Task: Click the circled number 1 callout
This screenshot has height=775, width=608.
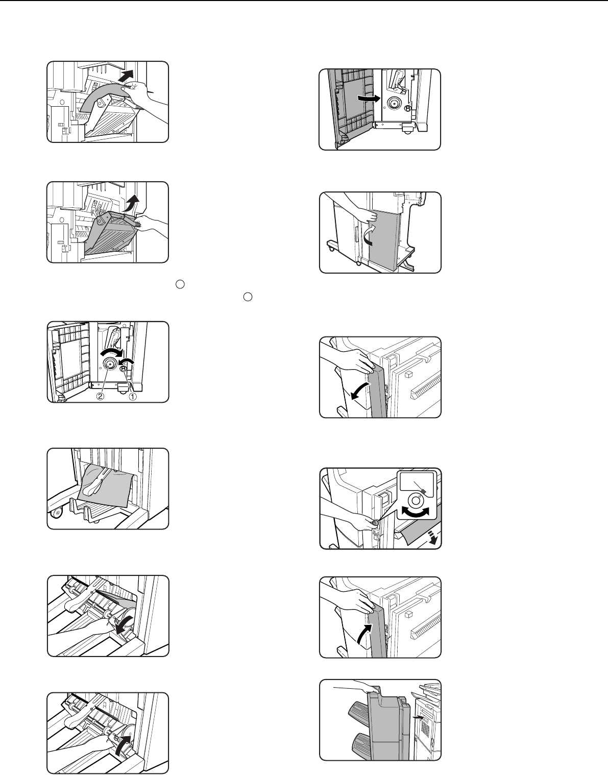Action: pos(132,396)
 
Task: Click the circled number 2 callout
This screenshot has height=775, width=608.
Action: pos(101,396)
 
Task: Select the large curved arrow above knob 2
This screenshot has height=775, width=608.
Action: pos(111,352)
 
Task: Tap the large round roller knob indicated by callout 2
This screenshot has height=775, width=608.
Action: pos(109,364)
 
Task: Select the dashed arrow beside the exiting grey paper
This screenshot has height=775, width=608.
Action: pos(432,537)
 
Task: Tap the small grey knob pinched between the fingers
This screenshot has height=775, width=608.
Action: pos(375,522)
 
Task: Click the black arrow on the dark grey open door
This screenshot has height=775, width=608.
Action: pos(369,98)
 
